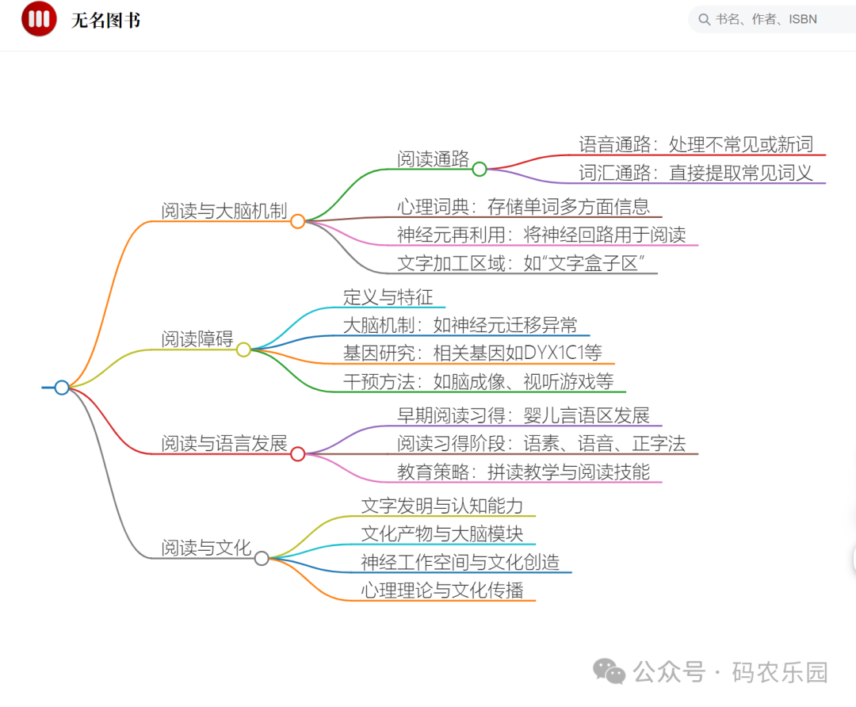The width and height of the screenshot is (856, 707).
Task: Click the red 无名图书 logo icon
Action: click(39, 19)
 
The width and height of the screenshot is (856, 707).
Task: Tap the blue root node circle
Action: click(62, 388)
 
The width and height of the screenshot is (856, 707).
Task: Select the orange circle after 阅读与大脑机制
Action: click(298, 221)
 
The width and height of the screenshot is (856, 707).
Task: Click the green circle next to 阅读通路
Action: click(480, 169)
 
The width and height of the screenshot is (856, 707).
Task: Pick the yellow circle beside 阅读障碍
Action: click(243, 350)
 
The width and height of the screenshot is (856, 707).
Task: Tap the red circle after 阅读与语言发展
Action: click(298, 454)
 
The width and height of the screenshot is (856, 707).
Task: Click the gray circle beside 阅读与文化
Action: click(262, 558)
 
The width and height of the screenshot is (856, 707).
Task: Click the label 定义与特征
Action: click(388, 297)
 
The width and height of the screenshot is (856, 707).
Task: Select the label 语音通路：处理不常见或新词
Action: click(696, 144)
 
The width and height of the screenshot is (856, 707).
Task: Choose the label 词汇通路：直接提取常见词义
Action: click(696, 173)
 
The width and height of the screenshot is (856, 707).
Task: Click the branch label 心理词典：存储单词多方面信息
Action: click(523, 207)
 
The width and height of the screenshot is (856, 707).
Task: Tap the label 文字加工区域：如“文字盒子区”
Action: click(519, 263)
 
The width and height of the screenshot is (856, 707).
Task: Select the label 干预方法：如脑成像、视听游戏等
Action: click(478, 381)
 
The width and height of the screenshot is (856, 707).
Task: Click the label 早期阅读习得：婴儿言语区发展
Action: click(523, 415)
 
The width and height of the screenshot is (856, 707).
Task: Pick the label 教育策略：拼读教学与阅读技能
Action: click(523, 472)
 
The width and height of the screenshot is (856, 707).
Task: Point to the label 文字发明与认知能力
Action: click(442, 506)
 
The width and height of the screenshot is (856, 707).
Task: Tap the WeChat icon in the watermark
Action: click(610, 673)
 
